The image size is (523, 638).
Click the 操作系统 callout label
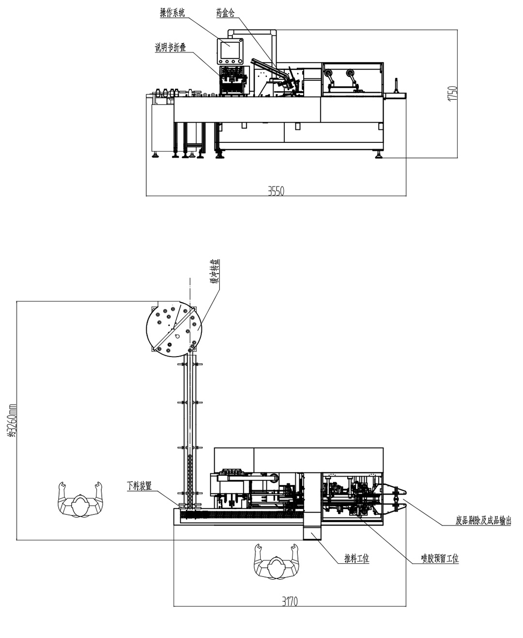(172, 13)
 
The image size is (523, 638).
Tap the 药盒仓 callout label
(225, 13)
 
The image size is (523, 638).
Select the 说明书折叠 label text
(170, 47)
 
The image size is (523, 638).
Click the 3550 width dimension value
(276, 191)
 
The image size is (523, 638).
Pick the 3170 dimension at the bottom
(290, 602)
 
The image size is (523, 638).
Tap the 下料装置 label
(139, 486)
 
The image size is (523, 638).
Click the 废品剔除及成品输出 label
(483, 521)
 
